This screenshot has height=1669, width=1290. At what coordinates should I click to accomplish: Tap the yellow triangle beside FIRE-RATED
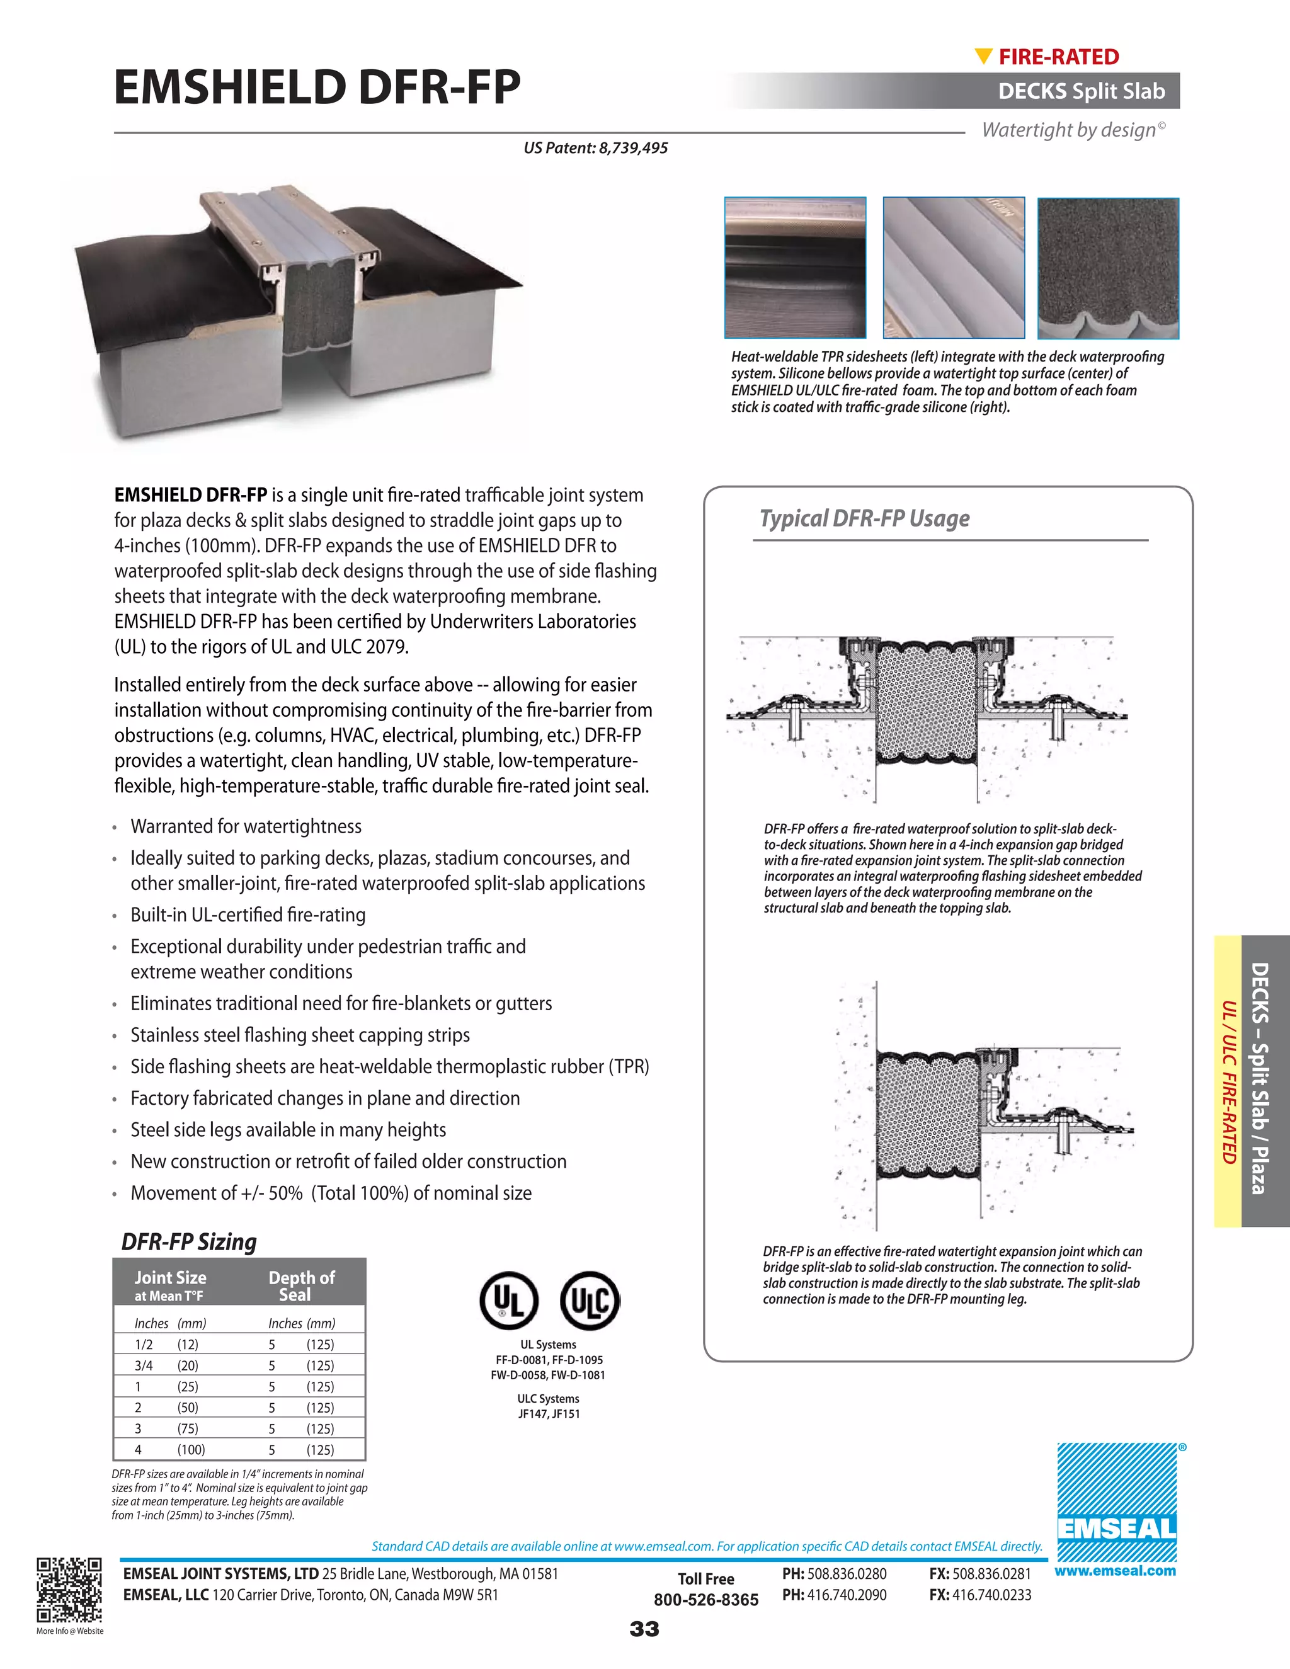click(983, 57)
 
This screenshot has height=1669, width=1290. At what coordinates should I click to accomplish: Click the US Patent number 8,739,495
click(595, 148)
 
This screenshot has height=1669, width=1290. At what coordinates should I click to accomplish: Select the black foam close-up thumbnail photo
click(1107, 268)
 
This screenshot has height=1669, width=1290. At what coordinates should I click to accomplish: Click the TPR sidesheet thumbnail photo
click(795, 268)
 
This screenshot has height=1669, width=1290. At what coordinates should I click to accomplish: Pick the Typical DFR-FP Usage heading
click(864, 519)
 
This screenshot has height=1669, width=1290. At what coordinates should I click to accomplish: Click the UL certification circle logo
click(509, 1300)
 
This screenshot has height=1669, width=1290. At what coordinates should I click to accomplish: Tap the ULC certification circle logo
click(589, 1300)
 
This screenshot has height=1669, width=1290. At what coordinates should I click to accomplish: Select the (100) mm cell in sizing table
click(191, 1450)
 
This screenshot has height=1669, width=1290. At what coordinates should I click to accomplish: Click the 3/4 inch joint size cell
click(144, 1365)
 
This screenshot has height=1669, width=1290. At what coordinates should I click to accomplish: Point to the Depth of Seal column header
click(301, 1285)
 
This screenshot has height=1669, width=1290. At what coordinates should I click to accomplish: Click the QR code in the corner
click(69, 1590)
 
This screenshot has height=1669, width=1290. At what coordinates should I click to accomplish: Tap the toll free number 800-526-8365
click(705, 1600)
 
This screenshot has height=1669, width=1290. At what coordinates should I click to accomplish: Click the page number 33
click(644, 1630)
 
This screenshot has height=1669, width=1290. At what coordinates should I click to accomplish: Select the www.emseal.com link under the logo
click(1114, 1571)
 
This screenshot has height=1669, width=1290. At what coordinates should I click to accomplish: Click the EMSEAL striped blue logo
click(1117, 1502)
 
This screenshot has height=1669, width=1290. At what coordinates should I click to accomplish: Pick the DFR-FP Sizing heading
click(189, 1242)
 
